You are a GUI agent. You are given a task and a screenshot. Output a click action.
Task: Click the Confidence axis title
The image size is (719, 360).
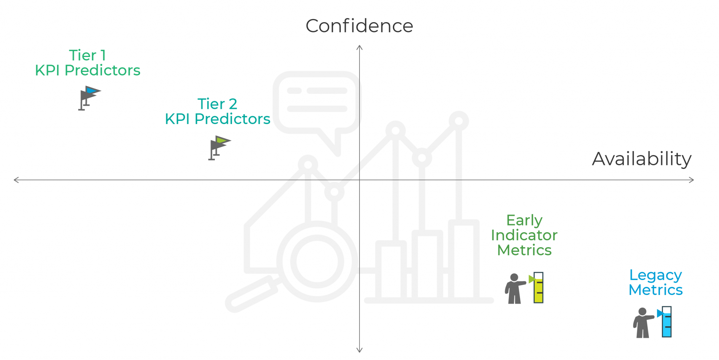click(359, 26)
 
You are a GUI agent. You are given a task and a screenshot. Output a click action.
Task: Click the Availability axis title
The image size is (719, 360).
click(641, 159)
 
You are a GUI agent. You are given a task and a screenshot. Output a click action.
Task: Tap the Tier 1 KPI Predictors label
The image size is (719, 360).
click(88, 63)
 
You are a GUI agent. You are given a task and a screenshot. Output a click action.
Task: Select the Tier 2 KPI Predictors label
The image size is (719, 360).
click(218, 111)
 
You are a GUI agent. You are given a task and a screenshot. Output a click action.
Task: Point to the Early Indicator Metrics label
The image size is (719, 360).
click(524, 235)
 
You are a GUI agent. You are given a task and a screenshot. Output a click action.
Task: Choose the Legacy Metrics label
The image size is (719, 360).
click(655, 282)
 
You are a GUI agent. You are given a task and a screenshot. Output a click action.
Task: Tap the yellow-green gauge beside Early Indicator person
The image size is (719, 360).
click(538, 288)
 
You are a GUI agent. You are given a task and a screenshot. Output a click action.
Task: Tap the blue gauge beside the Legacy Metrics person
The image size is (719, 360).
click(666, 322)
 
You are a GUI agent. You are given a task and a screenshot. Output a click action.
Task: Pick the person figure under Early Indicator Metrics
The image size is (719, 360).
click(514, 288)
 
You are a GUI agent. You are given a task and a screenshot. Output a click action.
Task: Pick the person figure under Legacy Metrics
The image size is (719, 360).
click(642, 323)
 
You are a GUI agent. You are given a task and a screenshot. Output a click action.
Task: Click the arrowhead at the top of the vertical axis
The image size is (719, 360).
click(359, 47)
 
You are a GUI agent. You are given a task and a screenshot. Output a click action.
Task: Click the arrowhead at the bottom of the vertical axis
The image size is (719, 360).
click(359, 350)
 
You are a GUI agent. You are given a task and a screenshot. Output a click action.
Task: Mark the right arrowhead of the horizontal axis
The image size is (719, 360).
click(692, 180)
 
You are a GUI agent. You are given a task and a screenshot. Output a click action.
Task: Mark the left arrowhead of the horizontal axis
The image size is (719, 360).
click(16, 180)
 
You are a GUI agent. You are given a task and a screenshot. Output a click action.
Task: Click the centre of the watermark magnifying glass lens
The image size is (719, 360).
click(317, 261)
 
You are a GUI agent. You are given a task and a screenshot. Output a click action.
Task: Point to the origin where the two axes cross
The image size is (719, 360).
click(359, 180)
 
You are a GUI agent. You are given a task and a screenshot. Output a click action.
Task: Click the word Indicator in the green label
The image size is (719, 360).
click(524, 235)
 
